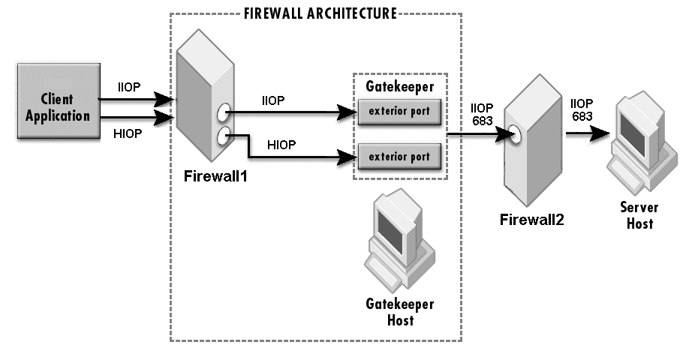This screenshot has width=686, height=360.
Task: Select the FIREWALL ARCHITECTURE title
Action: click(x=321, y=13)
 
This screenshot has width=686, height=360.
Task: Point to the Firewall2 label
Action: click(x=531, y=219)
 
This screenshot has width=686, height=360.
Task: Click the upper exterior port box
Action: click(x=399, y=112)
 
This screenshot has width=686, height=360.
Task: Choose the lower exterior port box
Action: click(x=399, y=157)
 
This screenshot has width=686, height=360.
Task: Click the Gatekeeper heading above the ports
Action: click(x=399, y=86)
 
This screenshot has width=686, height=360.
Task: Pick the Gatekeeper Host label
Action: click(x=399, y=313)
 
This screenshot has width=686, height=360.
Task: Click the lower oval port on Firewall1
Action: click(x=223, y=136)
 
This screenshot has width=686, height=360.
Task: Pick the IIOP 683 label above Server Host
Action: click(x=582, y=109)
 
